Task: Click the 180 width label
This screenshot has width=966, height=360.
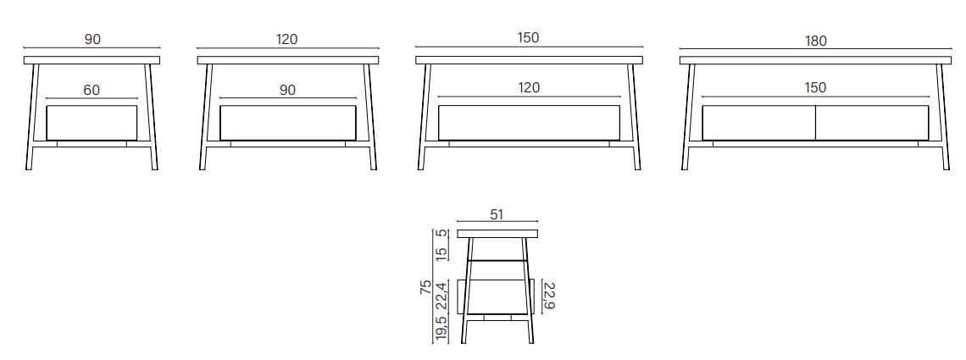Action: [815, 41]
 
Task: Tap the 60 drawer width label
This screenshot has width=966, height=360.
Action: [92, 91]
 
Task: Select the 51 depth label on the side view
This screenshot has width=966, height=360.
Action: [497, 214]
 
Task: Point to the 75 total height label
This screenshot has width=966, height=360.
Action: [425, 287]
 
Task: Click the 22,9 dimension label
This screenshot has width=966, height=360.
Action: [547, 296]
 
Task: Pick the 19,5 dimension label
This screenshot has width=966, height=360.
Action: [441, 330]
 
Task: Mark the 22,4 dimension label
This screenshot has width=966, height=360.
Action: [441, 296]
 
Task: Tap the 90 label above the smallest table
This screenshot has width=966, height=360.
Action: [92, 39]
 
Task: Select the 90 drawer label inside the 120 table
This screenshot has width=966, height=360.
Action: [287, 90]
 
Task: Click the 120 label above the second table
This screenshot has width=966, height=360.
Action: [287, 39]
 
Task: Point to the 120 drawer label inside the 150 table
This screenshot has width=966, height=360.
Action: [529, 88]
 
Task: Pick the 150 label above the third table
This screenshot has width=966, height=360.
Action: [529, 37]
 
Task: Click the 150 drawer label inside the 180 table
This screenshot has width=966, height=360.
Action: [815, 88]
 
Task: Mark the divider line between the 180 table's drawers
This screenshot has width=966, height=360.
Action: [816, 123]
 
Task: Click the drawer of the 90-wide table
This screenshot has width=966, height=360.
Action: [92, 123]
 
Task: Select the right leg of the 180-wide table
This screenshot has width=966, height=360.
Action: [943, 117]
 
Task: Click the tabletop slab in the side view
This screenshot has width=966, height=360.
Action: [497, 233]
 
